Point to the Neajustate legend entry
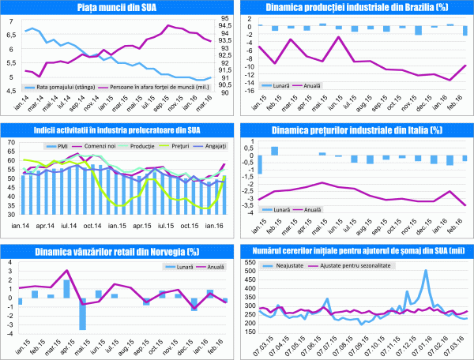coord(287,268)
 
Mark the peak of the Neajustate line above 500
coord(426,271)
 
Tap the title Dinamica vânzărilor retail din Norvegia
coord(118,252)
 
